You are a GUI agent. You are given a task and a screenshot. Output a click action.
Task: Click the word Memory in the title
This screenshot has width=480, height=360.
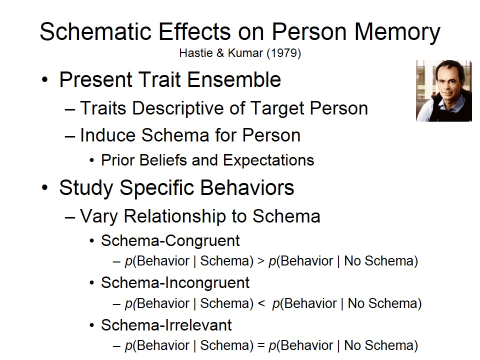397,32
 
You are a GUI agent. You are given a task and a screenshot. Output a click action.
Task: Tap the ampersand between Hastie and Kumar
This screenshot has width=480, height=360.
220,53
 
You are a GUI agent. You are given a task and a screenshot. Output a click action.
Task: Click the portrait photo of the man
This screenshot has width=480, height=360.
444,91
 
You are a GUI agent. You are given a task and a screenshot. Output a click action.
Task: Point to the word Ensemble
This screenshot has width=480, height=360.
234,79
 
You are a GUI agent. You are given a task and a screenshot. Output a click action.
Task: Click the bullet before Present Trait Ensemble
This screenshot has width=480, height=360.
44,80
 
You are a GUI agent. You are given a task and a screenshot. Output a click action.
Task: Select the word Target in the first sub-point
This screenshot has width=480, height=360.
277,108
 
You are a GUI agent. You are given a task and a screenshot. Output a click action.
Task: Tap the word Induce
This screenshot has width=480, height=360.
107,135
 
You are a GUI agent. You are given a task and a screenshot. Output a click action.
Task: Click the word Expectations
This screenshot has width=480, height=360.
268,160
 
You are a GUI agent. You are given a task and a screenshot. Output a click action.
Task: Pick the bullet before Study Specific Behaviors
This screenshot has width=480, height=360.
44,187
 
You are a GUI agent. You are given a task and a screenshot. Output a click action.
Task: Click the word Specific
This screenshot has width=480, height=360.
156,187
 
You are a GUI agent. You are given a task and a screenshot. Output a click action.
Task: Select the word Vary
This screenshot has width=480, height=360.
99,216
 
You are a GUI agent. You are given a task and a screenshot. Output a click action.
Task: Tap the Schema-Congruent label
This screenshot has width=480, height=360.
170,240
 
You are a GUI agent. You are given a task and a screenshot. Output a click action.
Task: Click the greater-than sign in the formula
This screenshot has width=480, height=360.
261,261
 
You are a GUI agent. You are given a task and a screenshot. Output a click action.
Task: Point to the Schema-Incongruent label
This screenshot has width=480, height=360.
175,282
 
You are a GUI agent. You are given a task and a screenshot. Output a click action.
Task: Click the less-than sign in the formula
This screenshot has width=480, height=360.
261,303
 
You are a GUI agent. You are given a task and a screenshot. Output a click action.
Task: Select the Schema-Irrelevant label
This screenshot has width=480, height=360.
166,325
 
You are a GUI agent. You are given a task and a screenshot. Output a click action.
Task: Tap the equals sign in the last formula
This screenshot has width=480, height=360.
261,345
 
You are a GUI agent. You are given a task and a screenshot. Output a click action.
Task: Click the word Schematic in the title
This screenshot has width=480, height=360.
96,32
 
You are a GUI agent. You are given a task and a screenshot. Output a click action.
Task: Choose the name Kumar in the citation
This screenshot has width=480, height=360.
245,53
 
